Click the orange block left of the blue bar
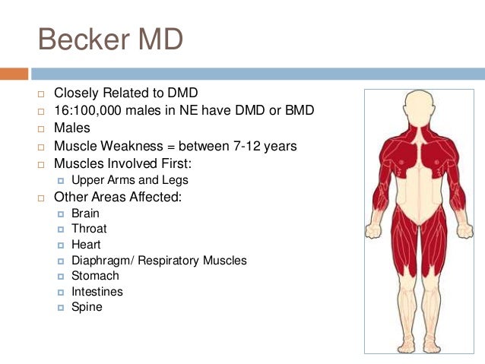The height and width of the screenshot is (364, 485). point(14,74)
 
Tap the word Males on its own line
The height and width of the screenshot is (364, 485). point(71,128)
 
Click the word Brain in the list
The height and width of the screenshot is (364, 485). point(85,214)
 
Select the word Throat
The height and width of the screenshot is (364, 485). point(89,229)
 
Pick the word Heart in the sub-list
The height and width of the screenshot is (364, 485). point(86,245)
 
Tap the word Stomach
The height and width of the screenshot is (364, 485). point(95,276)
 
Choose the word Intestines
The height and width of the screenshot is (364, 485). point(97,292)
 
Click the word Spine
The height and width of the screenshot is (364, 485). point(87,308)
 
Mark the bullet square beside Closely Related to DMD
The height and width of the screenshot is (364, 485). point(42,94)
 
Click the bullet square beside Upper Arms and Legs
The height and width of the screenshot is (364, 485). point(62,181)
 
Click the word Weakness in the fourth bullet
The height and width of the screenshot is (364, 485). point(126,146)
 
